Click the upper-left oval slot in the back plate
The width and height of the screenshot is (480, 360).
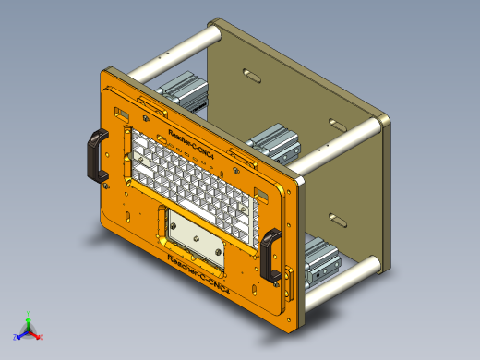click(x=249, y=72)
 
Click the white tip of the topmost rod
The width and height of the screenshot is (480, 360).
click(x=214, y=33)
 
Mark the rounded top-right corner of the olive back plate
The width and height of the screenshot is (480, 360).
click(x=380, y=119)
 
